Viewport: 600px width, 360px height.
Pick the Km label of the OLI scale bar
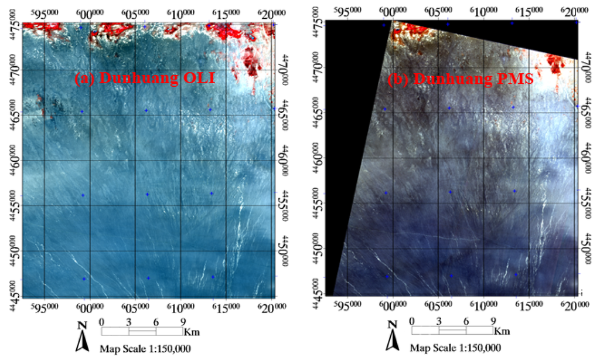coord(192,332)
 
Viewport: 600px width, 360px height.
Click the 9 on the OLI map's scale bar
coord(183,321)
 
